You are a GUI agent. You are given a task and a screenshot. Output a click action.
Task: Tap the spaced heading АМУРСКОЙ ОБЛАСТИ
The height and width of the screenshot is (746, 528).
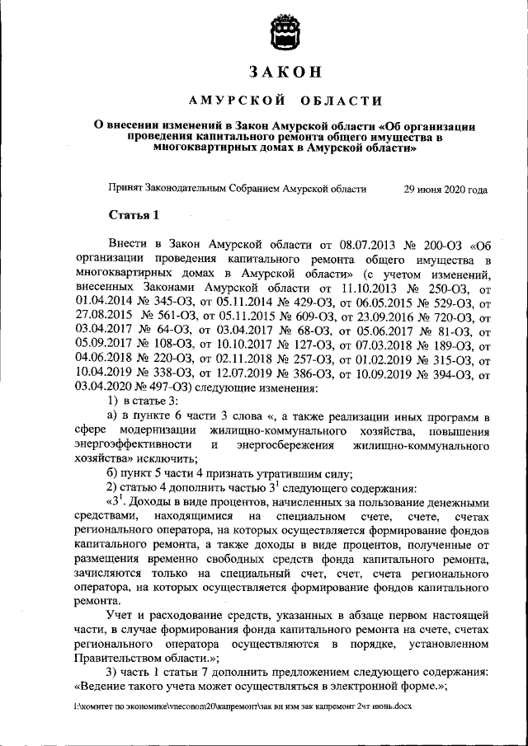click(x=285, y=101)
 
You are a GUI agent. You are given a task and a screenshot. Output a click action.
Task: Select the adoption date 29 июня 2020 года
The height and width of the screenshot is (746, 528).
click(x=445, y=189)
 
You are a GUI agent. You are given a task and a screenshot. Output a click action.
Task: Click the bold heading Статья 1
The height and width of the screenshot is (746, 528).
click(x=133, y=216)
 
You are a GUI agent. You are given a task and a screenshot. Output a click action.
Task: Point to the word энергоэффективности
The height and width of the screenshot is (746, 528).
click(x=134, y=445)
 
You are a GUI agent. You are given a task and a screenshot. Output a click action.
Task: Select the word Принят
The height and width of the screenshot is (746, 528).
click(x=125, y=189)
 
